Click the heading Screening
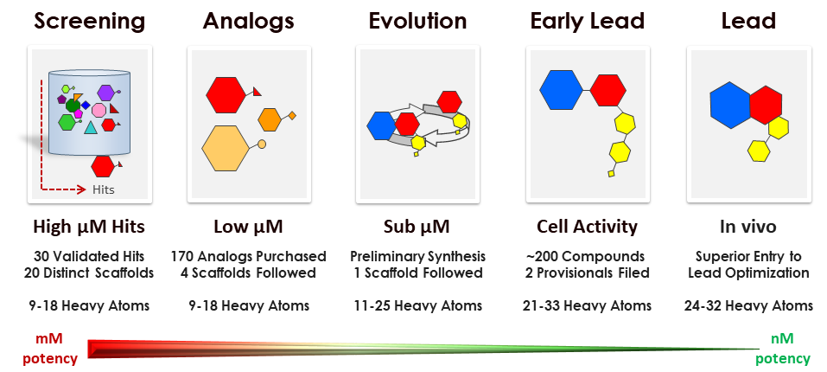coord(90,21)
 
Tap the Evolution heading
coord(417,21)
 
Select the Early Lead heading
coord(588,21)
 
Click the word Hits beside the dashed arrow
coord(104,189)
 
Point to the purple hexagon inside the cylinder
coord(105,93)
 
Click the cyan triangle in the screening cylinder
coord(91,127)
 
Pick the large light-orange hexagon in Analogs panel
coord(226,148)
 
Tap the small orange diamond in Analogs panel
coord(292,115)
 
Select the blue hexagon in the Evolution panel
coord(381,125)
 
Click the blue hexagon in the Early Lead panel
coord(561,90)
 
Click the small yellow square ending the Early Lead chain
coord(611,174)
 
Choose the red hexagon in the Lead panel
coord(766,106)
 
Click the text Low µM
coord(248,227)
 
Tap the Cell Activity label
coord(587,227)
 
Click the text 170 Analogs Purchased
coord(248,256)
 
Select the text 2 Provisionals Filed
coord(587,273)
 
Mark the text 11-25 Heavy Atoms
coord(417,305)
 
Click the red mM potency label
coord(49,349)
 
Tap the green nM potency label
coord(782,349)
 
